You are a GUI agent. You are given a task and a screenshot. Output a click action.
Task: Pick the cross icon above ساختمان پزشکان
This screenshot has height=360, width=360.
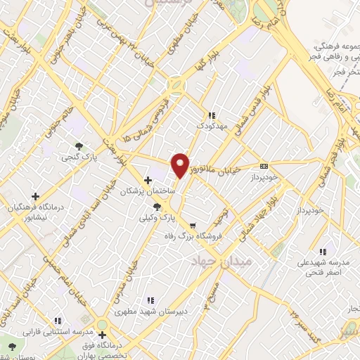coord(147,179)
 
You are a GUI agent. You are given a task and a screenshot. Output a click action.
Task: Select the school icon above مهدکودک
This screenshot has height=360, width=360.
coord(210,115)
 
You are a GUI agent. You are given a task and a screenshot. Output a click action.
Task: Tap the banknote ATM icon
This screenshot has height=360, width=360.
coord(264,166)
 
